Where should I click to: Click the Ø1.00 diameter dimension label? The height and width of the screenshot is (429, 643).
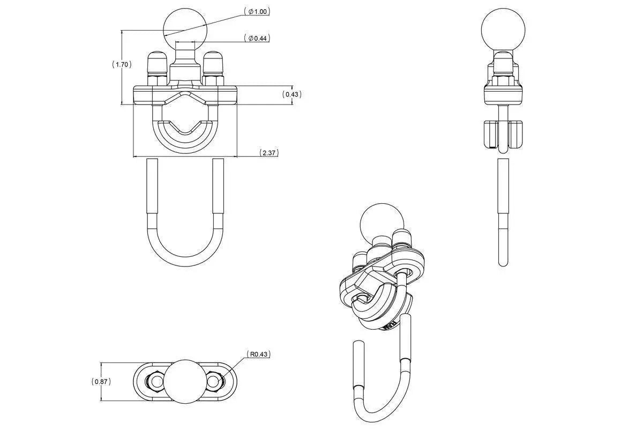257,11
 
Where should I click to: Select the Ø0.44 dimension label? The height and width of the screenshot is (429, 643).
257,38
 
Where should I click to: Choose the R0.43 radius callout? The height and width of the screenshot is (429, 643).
259,354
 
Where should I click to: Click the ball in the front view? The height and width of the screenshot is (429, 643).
185,27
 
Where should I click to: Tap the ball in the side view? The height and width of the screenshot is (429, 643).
502,30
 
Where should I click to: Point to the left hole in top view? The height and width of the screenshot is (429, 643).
156,381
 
